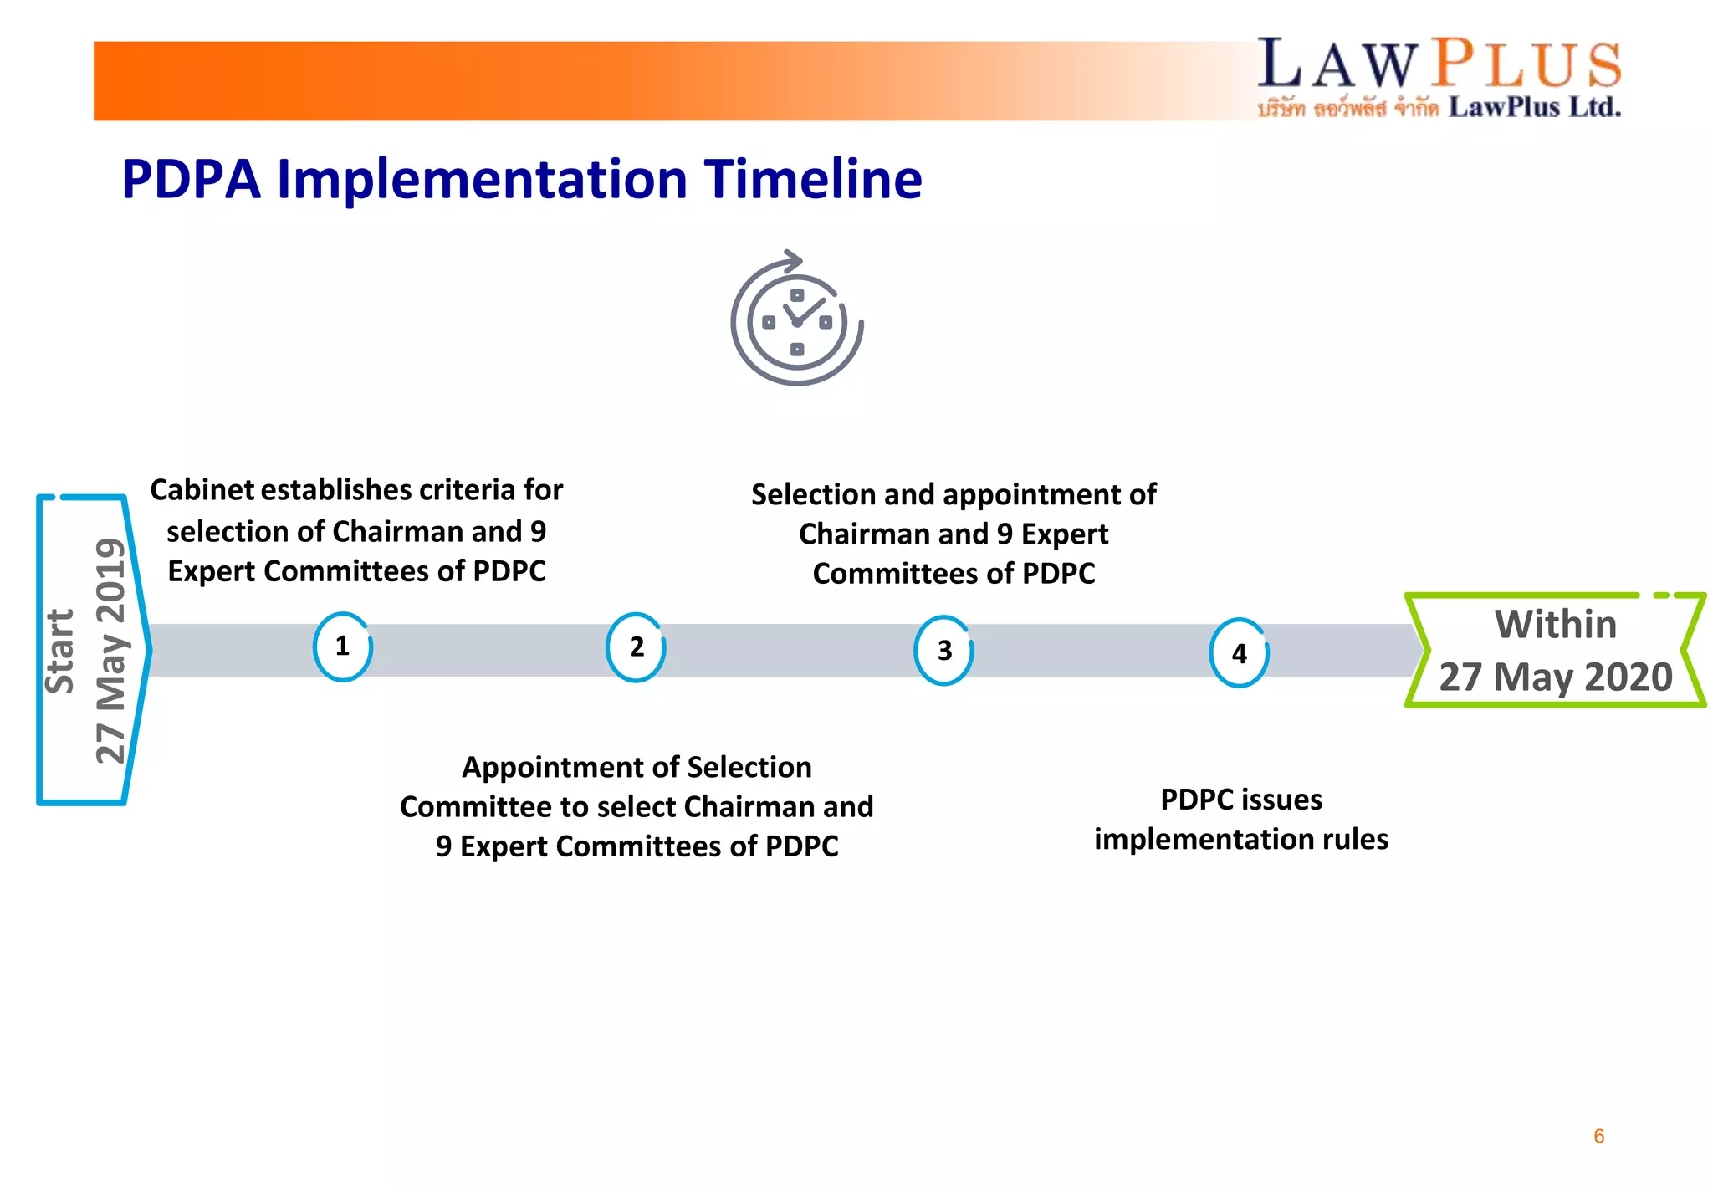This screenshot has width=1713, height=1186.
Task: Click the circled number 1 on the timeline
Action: [342, 647]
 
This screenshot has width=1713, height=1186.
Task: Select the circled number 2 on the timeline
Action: [636, 647]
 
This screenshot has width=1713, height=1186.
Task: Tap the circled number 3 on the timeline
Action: [943, 651]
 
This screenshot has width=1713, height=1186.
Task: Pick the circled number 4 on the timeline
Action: [1239, 653]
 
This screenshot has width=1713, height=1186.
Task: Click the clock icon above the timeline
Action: [796, 321]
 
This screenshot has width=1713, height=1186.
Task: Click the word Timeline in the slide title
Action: [812, 179]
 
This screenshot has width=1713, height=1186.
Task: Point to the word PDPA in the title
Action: [191, 179]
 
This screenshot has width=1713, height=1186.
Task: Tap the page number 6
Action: [1598, 1136]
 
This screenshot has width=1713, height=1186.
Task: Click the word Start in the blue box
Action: [60, 651]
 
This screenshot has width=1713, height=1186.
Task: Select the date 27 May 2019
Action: [110, 651]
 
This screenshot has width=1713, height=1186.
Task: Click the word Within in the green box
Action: [1555, 625]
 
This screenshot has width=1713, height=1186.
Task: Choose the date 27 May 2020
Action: [1555, 677]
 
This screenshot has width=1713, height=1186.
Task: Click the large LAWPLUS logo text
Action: [1439, 64]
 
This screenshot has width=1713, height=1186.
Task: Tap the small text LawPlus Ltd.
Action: [1534, 107]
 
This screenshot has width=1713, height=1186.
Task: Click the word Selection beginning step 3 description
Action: [806, 494]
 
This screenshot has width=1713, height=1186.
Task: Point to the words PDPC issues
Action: [1241, 800]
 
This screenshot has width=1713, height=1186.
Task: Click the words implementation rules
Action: [1241, 839]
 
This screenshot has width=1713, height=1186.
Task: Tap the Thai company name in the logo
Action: [1347, 108]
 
